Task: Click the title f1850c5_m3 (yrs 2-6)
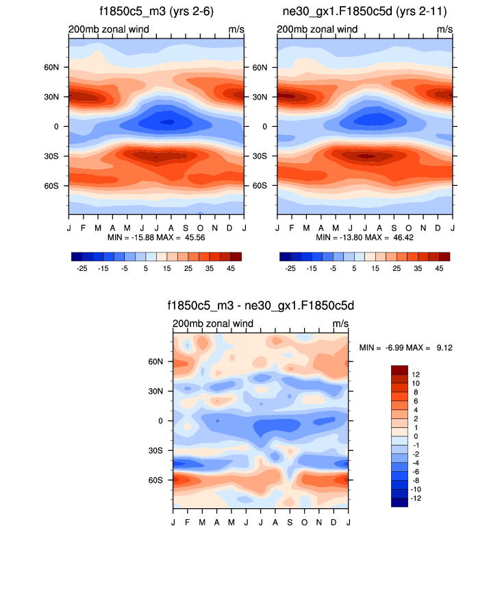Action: (x=156, y=12)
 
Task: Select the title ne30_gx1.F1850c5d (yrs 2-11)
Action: (x=365, y=12)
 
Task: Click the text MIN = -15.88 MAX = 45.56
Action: (x=156, y=237)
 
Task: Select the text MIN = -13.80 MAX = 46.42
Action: (x=365, y=237)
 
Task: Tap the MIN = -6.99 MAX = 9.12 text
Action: (x=405, y=348)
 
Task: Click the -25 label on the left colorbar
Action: (x=81, y=269)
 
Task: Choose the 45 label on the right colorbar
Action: (x=439, y=269)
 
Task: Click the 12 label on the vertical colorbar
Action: (x=416, y=374)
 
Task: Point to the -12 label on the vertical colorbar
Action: (x=417, y=499)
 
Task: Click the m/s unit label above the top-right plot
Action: (x=444, y=29)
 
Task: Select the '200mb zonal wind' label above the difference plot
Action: (x=213, y=324)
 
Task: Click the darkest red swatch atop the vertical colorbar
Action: (x=399, y=370)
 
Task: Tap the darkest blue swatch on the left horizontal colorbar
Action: (x=76, y=257)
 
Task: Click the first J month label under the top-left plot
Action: (x=69, y=227)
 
